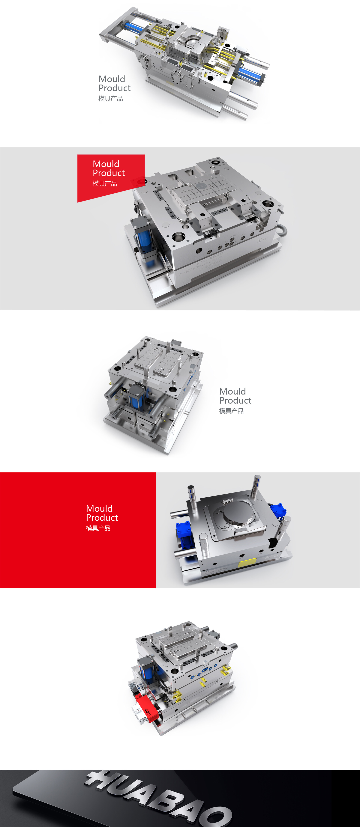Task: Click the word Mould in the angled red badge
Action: point(106,164)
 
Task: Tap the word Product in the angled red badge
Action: point(109,173)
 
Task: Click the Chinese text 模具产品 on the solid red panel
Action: point(98,528)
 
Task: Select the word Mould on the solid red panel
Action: point(99,509)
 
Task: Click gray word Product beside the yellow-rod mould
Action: point(114,88)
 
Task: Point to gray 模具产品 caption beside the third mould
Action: point(231,411)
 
